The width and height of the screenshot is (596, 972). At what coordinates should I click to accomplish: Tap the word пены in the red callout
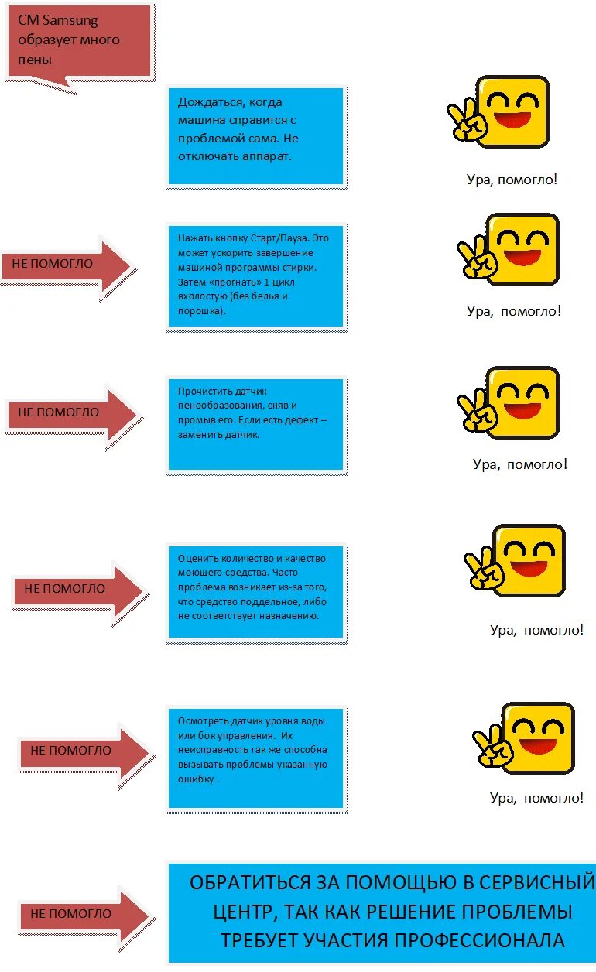pos(35,59)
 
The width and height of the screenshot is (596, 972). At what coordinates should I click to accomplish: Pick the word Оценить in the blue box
pos(199,559)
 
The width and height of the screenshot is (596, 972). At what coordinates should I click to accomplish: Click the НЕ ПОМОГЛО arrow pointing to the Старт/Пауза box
pos(66,264)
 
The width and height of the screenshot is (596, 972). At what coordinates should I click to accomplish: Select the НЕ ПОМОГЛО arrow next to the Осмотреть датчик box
pos(81,750)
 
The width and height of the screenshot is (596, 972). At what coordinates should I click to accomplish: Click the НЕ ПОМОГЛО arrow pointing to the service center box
pos(81,914)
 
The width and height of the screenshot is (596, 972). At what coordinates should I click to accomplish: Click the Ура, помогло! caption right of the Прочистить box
pos(520,464)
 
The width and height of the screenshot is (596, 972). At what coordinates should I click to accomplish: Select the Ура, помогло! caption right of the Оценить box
pos(536,630)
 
